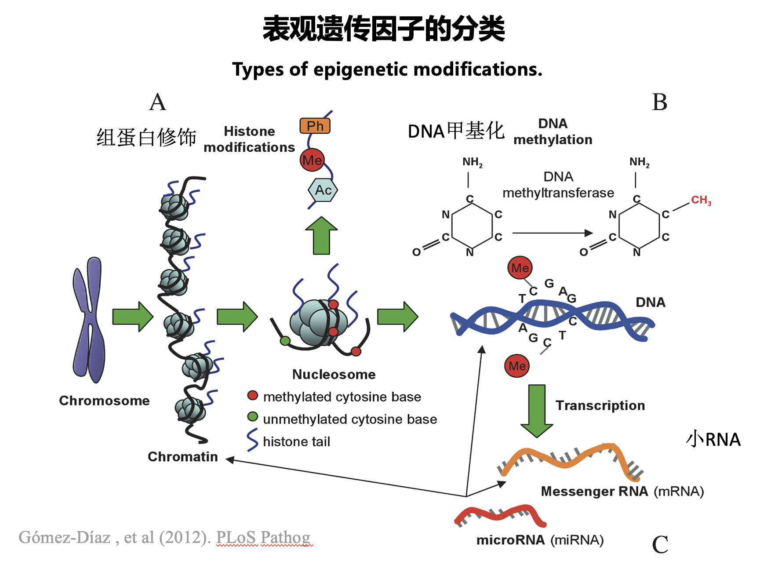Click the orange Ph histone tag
(x=315, y=126)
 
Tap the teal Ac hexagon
(x=323, y=190)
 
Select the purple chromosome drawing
(x=89, y=320)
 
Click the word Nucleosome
(x=334, y=374)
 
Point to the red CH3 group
(x=701, y=200)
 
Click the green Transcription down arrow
(x=537, y=410)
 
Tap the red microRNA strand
(x=500, y=515)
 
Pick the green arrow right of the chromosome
(x=132, y=317)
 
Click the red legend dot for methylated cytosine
(x=253, y=396)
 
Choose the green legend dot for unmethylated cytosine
(x=253, y=416)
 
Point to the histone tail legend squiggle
(x=252, y=440)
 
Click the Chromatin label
(x=182, y=457)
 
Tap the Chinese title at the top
(x=384, y=29)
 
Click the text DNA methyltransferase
(x=558, y=185)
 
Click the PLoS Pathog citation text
(x=263, y=537)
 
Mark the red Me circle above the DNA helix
(x=520, y=268)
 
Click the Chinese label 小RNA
(x=713, y=439)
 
